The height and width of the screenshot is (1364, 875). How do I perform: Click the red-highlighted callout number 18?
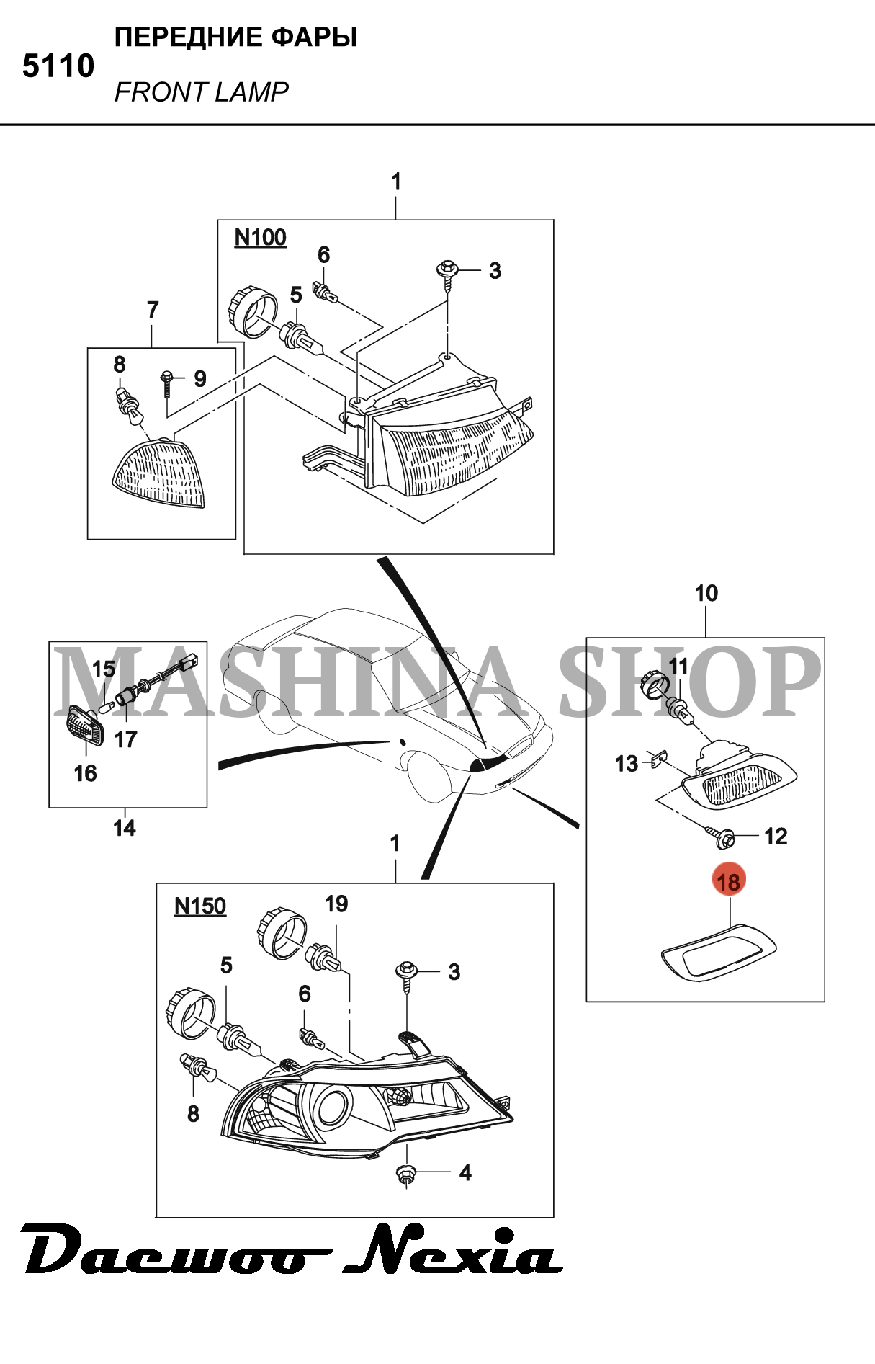tap(728, 881)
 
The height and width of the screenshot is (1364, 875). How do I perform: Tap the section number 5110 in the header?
tap(58, 66)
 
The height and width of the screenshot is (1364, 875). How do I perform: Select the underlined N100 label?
tap(260, 238)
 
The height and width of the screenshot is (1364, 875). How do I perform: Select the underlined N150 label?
tap(199, 906)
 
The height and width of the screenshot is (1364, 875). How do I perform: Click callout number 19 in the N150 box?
tap(336, 904)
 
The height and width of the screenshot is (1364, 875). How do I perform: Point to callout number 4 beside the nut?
tap(465, 1173)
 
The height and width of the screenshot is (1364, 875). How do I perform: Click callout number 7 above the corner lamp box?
tap(152, 310)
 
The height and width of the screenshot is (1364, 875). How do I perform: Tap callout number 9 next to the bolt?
tap(200, 378)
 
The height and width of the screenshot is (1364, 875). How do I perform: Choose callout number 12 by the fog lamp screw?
tap(776, 836)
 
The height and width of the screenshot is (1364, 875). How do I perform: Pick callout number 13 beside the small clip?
tap(627, 763)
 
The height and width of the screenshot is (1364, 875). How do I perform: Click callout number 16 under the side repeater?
tap(85, 773)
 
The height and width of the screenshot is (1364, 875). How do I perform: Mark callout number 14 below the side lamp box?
tap(125, 828)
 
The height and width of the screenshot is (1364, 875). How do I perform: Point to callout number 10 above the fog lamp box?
tap(706, 593)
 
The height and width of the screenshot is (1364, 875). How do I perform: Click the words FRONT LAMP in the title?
tap(202, 92)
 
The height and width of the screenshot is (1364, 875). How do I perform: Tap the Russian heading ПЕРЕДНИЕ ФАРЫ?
tap(235, 37)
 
